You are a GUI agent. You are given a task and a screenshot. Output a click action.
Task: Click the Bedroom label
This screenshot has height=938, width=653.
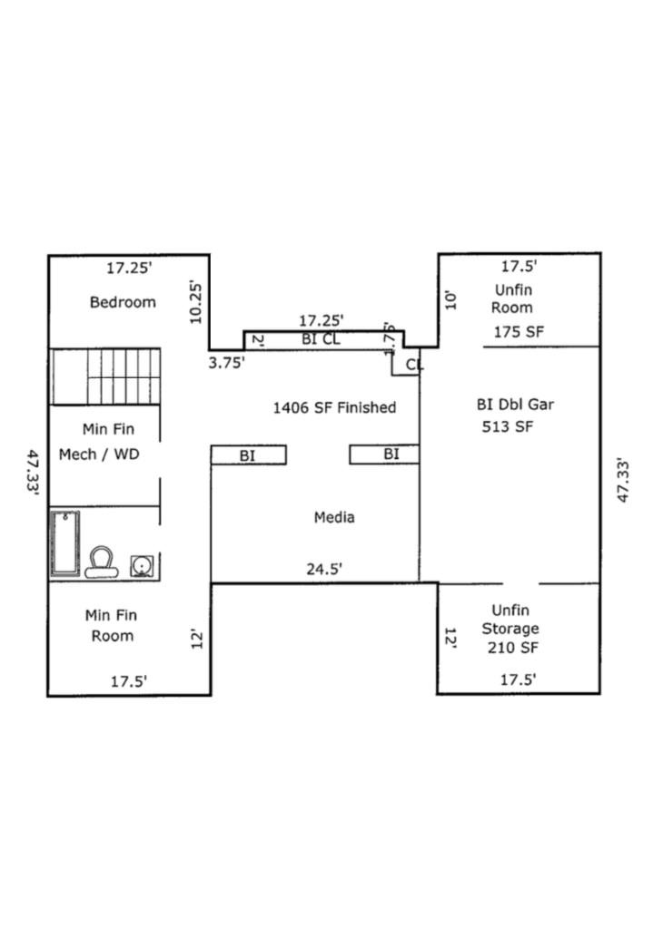123,302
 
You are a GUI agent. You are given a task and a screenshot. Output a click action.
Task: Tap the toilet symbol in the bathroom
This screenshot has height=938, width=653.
102,562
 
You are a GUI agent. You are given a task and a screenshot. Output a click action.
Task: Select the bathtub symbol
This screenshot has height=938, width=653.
64,542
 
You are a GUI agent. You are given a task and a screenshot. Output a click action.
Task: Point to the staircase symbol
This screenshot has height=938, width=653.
105,376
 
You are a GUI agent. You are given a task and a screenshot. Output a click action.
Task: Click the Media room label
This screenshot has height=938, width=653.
334,517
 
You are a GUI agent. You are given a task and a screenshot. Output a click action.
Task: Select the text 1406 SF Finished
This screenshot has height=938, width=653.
334,407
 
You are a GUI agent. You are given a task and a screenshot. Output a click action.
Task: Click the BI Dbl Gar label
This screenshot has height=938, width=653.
515,405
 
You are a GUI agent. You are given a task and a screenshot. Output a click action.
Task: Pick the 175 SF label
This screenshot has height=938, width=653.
519,332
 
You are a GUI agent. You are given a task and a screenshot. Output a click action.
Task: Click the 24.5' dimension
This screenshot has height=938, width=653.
324,570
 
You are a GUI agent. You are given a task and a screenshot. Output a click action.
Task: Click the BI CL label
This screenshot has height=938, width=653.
321,339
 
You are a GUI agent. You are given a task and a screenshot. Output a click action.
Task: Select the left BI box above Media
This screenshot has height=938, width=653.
248,455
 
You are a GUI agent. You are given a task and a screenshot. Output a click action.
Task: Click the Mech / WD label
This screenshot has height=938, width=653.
99,454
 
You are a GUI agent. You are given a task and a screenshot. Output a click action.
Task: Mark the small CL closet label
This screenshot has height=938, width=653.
414,365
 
